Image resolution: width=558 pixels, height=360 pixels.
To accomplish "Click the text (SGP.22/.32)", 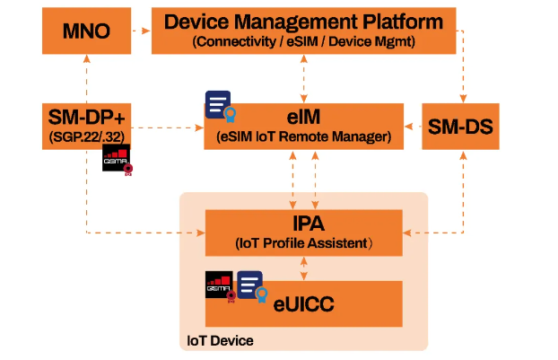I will tap(85, 135).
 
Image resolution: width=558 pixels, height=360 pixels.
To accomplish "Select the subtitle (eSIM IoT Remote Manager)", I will tap(304, 136).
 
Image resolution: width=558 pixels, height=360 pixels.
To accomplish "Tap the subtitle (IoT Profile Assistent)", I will tap(304, 243).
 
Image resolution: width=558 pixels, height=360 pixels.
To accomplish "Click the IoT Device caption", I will tap(219, 340).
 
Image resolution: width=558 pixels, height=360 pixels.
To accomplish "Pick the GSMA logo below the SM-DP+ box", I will tap(118, 159).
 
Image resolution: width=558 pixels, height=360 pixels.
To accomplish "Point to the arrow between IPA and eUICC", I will tap(305, 268).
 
